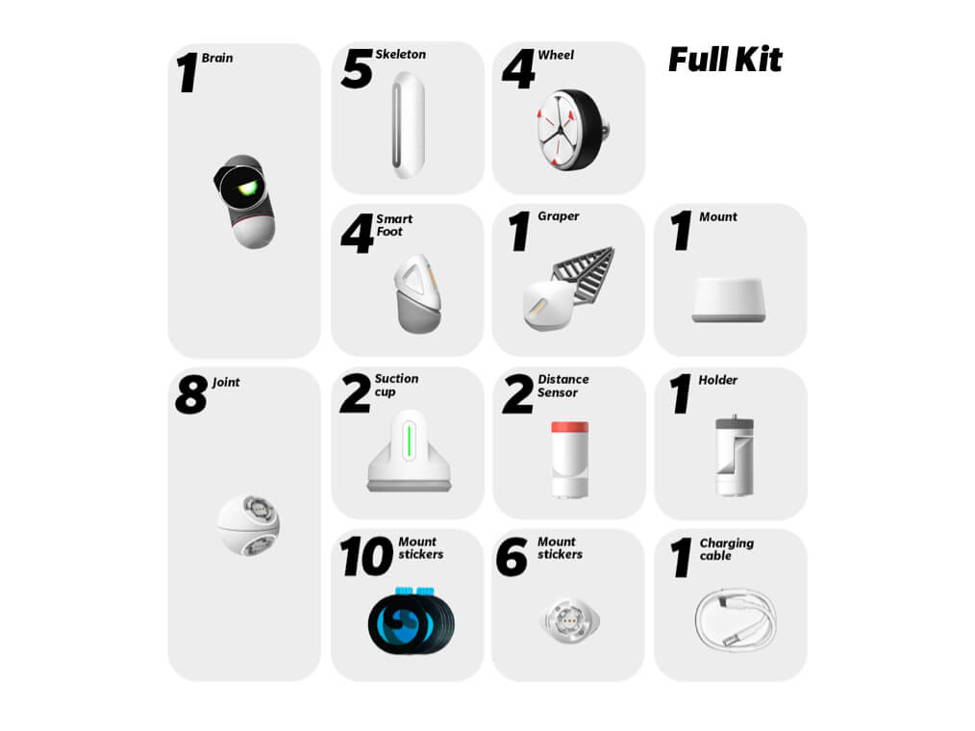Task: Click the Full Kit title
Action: (725, 61)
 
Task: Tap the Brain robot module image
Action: (245, 201)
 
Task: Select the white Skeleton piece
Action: (408, 125)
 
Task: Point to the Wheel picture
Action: (571, 130)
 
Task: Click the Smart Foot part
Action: (418, 293)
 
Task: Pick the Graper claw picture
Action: (568, 288)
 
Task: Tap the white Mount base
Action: (729, 300)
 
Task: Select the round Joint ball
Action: (249, 525)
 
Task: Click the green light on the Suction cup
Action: (409, 441)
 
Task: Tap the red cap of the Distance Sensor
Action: (569, 427)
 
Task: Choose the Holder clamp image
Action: (735, 456)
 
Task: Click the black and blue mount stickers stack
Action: (411, 620)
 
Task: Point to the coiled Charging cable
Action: (736, 618)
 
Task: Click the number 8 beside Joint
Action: (191, 395)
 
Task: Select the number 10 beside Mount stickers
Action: (367, 556)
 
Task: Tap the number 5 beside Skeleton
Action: (358, 68)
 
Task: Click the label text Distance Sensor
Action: (562, 386)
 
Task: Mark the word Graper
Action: (559, 216)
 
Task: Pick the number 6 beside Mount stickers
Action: (512, 557)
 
